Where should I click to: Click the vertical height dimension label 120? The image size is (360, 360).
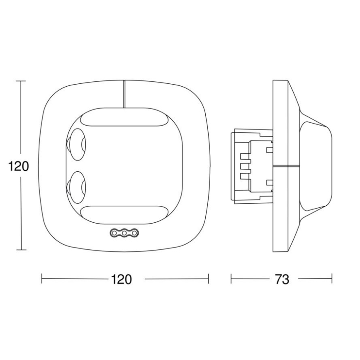(19, 166)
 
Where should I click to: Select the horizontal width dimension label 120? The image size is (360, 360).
(121, 279)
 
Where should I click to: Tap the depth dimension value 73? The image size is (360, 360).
(282, 279)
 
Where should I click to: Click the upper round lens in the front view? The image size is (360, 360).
(77, 144)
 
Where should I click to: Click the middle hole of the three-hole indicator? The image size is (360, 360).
(124, 234)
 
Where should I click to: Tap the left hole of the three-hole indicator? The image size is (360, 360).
(114, 234)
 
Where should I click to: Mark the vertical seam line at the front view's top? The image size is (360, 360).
(124, 94)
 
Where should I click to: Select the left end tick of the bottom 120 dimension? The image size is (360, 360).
(42, 279)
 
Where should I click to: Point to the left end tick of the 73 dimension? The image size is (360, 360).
(231, 279)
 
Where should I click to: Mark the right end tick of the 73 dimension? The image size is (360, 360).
(332, 279)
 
